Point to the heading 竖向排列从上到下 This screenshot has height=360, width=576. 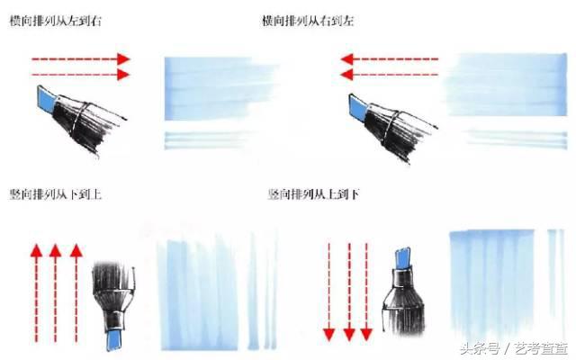click(310, 193)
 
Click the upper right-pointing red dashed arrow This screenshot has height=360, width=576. click(81, 59)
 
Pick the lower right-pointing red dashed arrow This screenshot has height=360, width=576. click(81, 74)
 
